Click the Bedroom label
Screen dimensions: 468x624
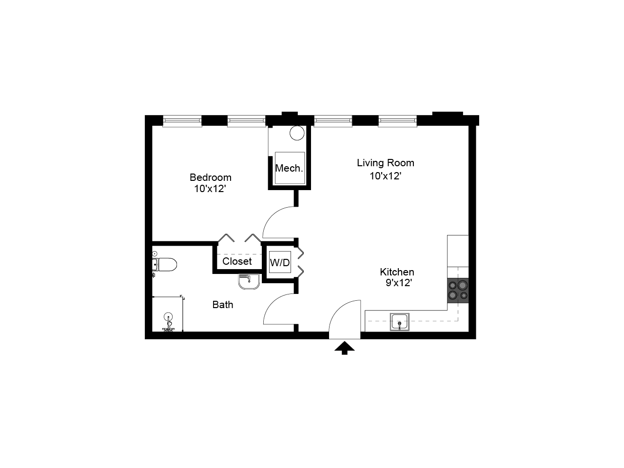(x=210, y=177)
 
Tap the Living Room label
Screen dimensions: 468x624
(x=385, y=163)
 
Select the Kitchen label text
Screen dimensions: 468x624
(x=397, y=272)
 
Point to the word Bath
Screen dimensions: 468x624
(x=223, y=305)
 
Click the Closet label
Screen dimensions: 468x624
(x=237, y=261)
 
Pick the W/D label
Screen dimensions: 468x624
(x=280, y=263)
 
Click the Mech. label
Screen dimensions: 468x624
(x=289, y=168)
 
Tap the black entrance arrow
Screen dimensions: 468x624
(x=345, y=348)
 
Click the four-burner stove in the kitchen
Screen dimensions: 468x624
(x=458, y=290)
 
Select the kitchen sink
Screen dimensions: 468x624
(x=399, y=322)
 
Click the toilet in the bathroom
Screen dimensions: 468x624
(x=164, y=265)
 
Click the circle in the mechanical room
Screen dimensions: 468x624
(x=297, y=133)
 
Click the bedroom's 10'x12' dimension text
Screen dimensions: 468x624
(x=210, y=189)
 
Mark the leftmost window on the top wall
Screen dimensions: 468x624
(x=182, y=121)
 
